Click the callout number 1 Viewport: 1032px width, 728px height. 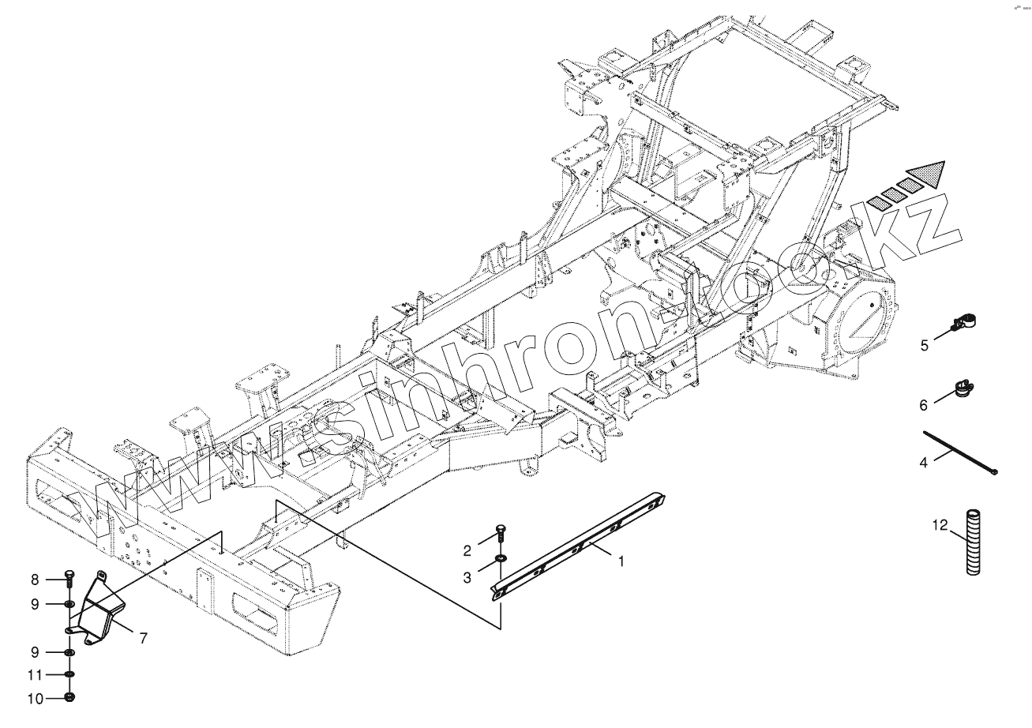click(621, 561)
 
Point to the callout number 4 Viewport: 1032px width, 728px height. click(923, 463)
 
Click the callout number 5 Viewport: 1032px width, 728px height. click(924, 345)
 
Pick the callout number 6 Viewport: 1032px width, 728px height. click(923, 405)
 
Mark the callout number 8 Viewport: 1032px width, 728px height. click(35, 580)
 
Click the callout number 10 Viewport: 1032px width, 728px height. click(34, 698)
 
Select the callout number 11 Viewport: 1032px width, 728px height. click(34, 675)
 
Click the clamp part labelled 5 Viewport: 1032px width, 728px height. click(964, 322)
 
